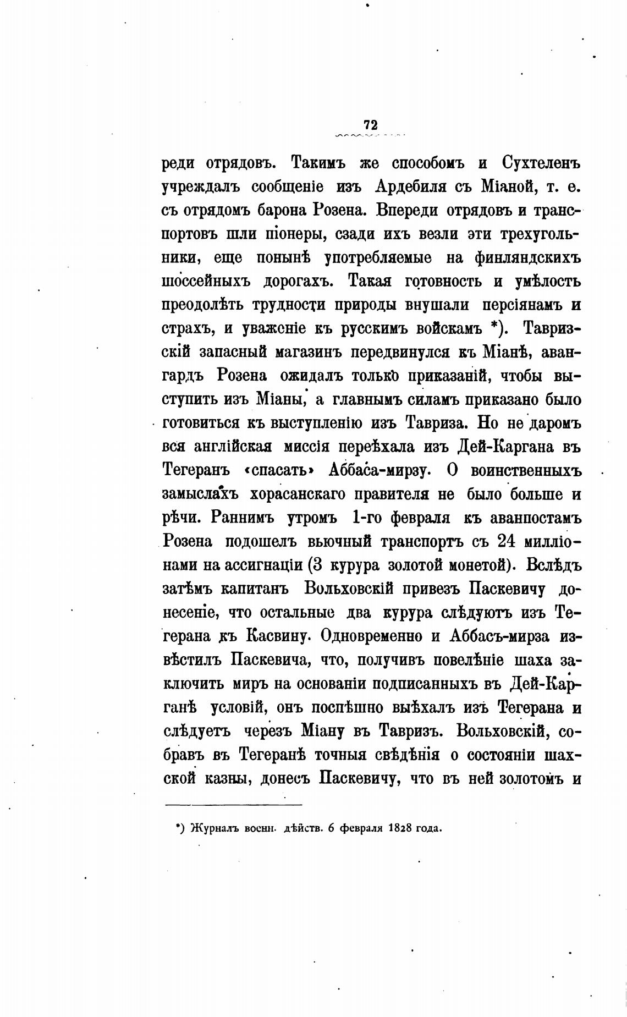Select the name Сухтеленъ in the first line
[542, 164]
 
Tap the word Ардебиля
[408, 187]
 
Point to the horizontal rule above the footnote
[234, 805]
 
